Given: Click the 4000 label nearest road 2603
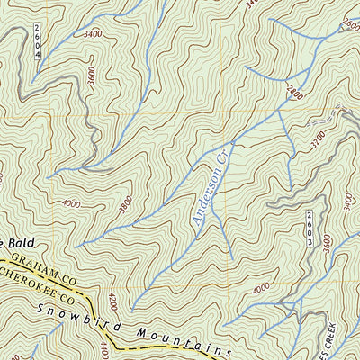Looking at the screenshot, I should (x=261, y=288).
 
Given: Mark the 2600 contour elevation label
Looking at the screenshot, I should (x=351, y=25).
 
